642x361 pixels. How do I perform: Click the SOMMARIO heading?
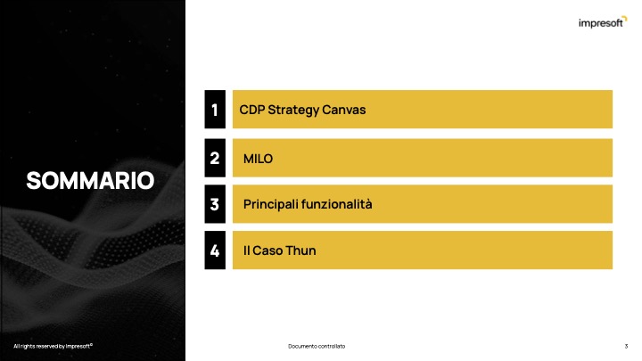[x=90, y=180]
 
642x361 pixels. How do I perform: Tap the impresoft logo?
[x=603, y=22]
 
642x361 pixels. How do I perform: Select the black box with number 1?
[x=215, y=110]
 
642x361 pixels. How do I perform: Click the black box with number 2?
[x=215, y=158]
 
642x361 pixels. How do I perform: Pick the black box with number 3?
[x=215, y=204]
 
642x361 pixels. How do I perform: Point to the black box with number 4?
[x=215, y=250]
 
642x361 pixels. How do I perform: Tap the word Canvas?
[x=343, y=110]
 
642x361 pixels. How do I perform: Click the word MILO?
[x=258, y=159]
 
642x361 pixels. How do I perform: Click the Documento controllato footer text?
[x=317, y=346]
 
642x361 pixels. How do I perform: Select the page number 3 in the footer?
[x=626, y=346]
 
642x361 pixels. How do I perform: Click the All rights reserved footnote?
[x=53, y=346]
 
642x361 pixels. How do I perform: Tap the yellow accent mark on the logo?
[x=624, y=18]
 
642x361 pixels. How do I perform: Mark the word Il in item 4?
[x=246, y=250]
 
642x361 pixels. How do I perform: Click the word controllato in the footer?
[x=331, y=346]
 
